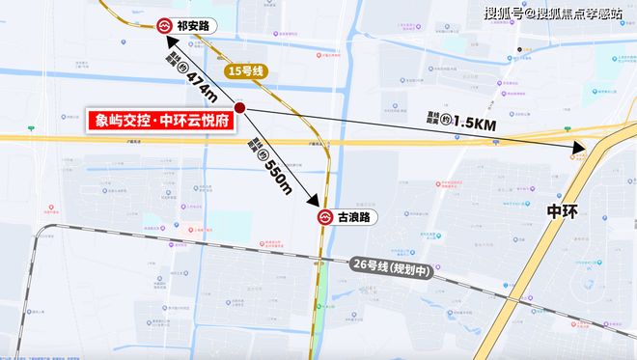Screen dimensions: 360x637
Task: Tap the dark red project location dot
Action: [x=239, y=109]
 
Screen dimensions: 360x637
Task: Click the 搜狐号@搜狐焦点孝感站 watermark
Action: [x=565, y=13]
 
